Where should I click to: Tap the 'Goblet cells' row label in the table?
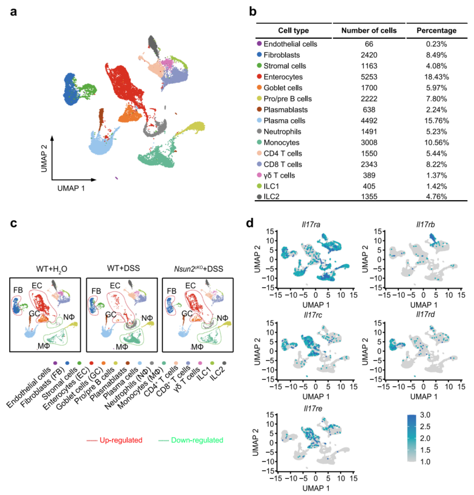click(x=283, y=87)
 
